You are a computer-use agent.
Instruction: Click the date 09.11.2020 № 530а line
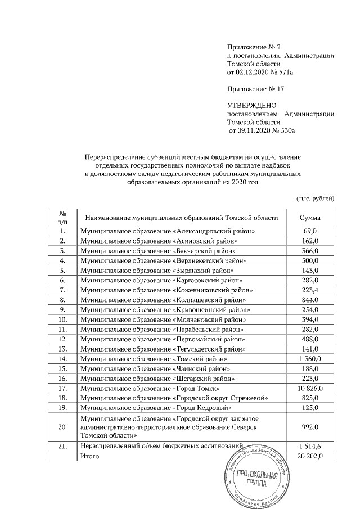262,130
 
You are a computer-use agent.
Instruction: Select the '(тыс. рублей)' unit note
315,197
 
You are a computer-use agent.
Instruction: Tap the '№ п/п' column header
63,218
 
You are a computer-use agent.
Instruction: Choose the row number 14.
63,358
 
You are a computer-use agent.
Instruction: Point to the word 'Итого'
90,456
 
